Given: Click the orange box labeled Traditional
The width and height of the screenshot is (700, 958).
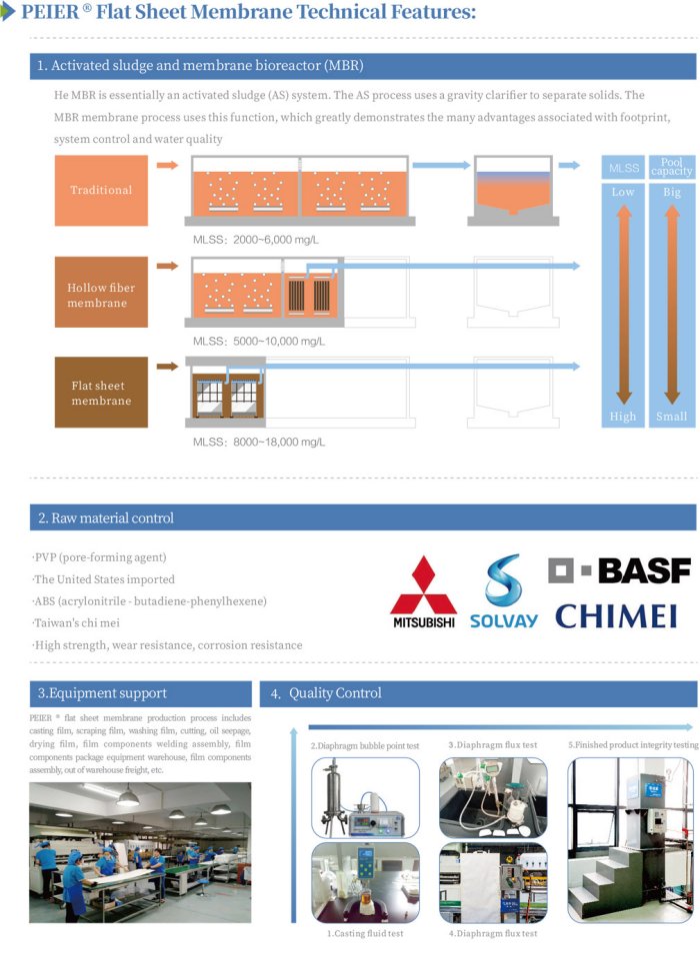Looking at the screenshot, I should [x=100, y=190].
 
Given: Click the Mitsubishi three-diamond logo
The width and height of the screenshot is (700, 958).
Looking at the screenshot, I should [x=423, y=591].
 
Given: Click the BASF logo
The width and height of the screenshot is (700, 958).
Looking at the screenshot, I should [x=619, y=570].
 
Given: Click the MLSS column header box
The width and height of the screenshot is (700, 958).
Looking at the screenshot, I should [x=623, y=168].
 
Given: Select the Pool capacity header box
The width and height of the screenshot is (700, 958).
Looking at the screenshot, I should [x=671, y=167].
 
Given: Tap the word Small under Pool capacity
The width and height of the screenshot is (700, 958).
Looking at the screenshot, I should [x=671, y=417].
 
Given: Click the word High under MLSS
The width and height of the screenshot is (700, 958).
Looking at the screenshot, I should [x=622, y=417].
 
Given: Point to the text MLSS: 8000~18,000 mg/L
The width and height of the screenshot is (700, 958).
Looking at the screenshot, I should [x=259, y=442].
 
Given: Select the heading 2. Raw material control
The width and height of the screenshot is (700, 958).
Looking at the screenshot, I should [x=105, y=517].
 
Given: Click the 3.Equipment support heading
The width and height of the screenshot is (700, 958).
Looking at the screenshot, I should [x=102, y=692].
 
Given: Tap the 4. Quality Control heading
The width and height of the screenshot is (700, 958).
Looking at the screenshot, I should [x=335, y=693].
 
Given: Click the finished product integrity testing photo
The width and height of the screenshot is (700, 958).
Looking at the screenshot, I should [x=631, y=839].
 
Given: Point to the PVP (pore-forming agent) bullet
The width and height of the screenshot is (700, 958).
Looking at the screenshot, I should [x=99, y=556].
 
